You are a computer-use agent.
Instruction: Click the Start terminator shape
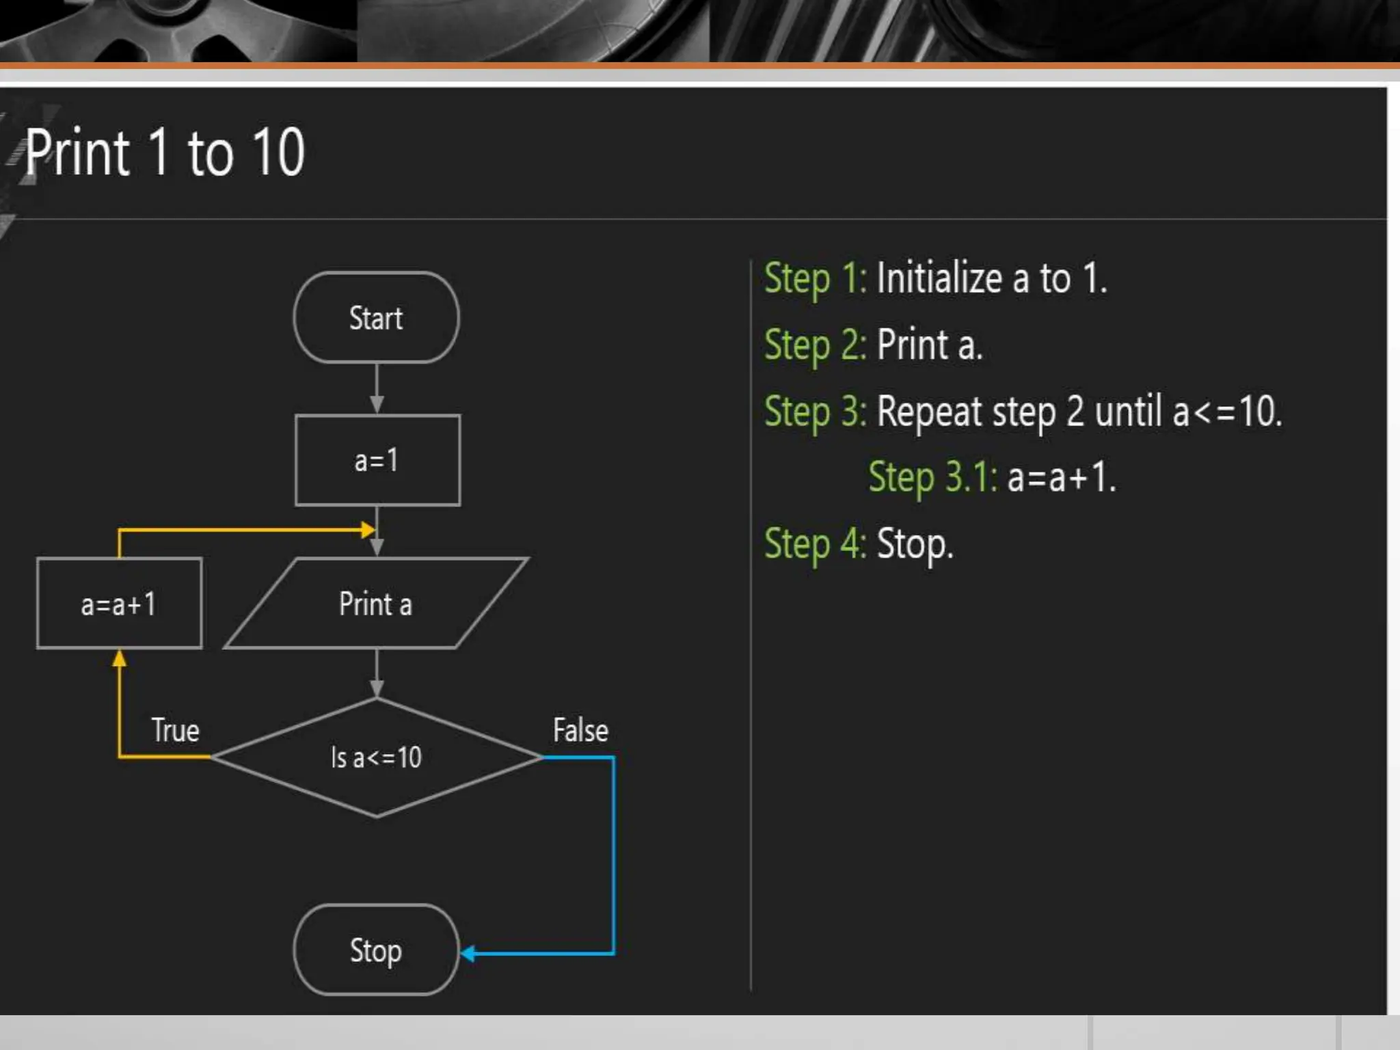click(376, 318)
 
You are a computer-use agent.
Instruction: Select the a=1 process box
click(377, 460)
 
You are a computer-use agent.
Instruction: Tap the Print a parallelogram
click(376, 604)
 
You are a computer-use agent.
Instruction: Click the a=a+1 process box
click(119, 604)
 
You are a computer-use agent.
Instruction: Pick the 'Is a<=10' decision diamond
click(376, 757)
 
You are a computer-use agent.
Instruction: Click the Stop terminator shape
click(376, 950)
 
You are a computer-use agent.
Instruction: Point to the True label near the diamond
click(175, 730)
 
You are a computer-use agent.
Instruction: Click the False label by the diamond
click(580, 730)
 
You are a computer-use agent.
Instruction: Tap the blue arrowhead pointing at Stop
click(468, 954)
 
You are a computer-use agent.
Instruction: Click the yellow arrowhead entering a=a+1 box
click(120, 658)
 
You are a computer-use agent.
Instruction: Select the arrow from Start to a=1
click(377, 388)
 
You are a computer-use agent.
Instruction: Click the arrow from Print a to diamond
click(377, 673)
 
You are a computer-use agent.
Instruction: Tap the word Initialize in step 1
click(939, 278)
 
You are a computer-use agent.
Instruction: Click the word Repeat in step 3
click(930, 412)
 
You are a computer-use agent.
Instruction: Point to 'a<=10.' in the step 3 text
click(1227, 412)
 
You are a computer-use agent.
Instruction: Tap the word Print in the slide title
click(77, 152)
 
